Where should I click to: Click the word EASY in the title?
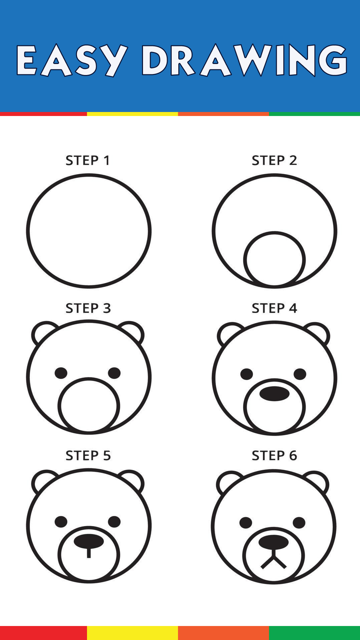(72, 60)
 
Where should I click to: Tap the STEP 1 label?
(88, 160)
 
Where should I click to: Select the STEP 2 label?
(274, 160)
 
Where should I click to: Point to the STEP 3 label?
(88, 308)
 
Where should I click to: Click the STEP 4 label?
(274, 308)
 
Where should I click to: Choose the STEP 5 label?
(88, 455)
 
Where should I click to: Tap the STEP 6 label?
(274, 455)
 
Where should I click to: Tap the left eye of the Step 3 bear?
(61, 373)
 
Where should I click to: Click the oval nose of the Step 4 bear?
(274, 394)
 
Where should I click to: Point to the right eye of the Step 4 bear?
(300, 374)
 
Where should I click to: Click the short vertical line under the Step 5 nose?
(89, 553)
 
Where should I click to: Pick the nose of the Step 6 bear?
(274, 542)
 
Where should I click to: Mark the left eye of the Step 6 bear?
(246, 523)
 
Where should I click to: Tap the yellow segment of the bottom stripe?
(132, 633)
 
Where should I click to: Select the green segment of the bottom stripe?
(314, 633)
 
